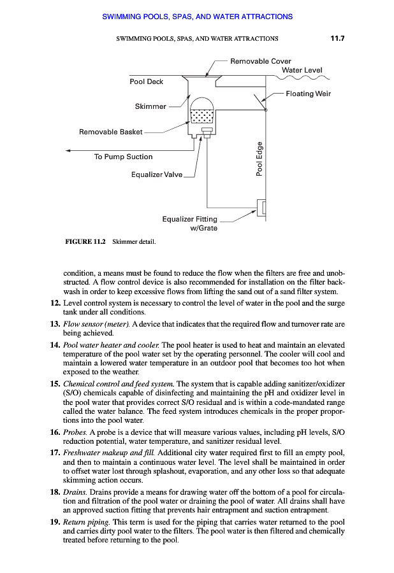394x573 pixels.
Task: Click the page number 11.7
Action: (x=337, y=38)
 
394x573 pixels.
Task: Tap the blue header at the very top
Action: (x=197, y=17)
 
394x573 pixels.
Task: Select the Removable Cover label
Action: (x=260, y=61)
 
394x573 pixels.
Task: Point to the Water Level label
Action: (x=302, y=70)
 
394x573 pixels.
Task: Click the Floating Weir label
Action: (x=308, y=94)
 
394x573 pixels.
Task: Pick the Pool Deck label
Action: (x=147, y=81)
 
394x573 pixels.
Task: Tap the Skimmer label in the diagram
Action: (x=150, y=106)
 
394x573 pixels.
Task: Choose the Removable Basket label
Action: (x=111, y=132)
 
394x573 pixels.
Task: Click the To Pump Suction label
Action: (x=123, y=157)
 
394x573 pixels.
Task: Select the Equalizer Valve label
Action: (x=157, y=174)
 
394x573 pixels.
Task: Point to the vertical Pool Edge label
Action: (x=259, y=159)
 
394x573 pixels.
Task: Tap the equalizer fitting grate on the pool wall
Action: (x=261, y=208)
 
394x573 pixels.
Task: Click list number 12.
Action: (x=55, y=302)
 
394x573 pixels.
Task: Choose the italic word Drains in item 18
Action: (x=76, y=493)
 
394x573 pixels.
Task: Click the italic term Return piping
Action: (x=88, y=521)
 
